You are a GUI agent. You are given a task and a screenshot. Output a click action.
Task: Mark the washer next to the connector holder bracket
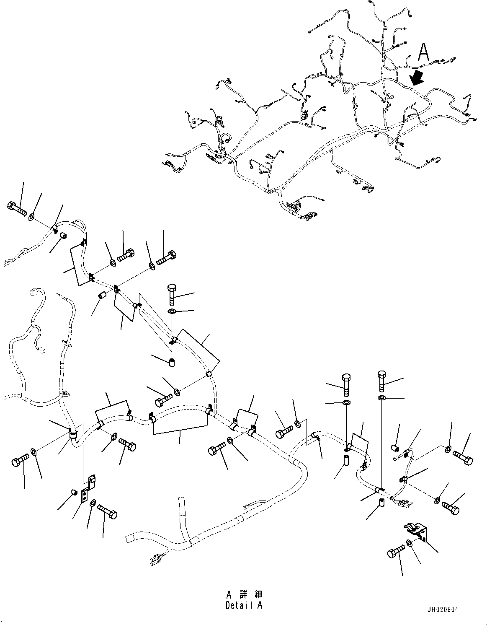pyautogui.click(x=409, y=544)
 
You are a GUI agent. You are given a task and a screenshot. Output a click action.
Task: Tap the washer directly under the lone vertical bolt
pyautogui.click(x=172, y=311)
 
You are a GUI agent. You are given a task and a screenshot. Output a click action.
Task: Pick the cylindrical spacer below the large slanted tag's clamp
pyautogui.click(x=172, y=361)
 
